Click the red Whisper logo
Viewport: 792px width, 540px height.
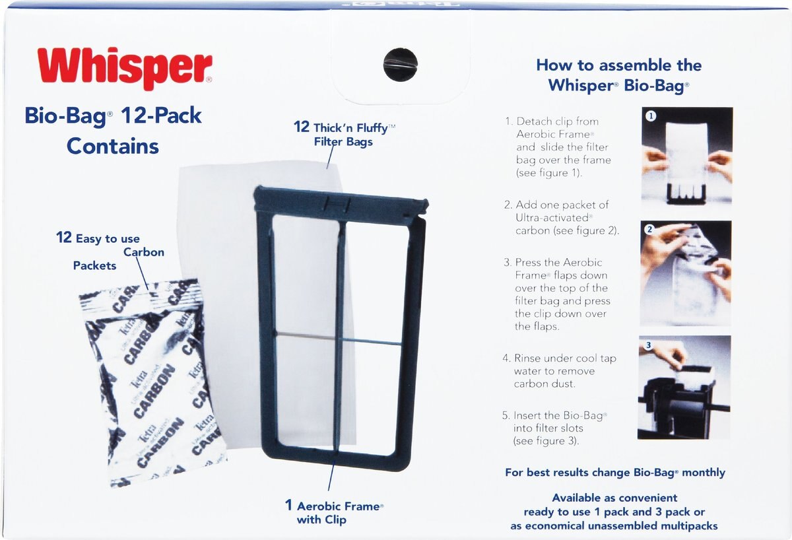(125, 69)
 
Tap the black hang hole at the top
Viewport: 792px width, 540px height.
(400, 64)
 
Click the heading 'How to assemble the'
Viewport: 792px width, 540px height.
(619, 65)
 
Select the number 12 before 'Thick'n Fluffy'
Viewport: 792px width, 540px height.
(301, 127)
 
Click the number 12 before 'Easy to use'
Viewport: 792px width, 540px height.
(64, 237)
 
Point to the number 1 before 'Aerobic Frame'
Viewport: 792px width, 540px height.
(288, 505)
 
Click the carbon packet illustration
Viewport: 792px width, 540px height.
(152, 383)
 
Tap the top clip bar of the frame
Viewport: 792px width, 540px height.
(341, 201)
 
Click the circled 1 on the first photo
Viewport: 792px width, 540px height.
(651, 116)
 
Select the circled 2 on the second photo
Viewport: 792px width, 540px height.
(649, 230)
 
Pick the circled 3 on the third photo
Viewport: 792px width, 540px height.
(648, 345)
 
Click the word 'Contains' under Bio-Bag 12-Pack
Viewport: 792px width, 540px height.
(113, 147)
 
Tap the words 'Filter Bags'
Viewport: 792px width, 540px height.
(343, 142)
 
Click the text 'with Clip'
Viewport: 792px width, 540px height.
(321, 520)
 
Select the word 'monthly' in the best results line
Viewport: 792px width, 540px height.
(704, 473)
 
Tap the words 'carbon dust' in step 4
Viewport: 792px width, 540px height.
(544, 384)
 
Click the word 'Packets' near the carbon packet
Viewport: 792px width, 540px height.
(95, 265)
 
